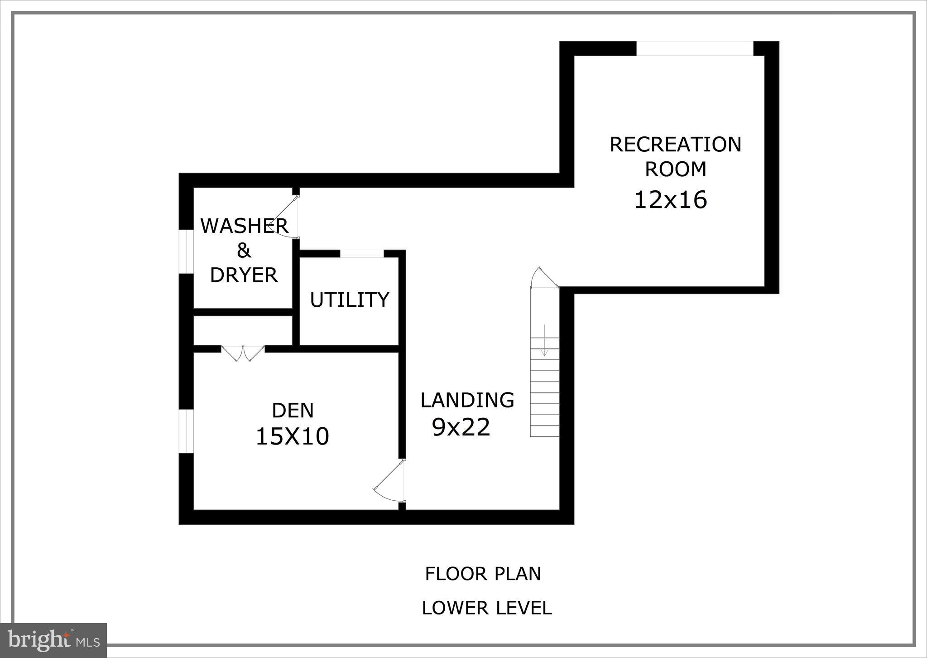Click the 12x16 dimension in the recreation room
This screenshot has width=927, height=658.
click(670, 200)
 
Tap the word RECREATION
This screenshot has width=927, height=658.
click(675, 145)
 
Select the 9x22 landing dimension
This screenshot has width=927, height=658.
click(461, 427)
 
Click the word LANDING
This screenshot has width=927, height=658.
click(467, 400)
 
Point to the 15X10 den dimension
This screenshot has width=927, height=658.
click(292, 437)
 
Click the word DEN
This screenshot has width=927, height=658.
click(293, 411)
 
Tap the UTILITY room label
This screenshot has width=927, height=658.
click(349, 300)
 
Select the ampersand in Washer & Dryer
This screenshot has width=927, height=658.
click(244, 250)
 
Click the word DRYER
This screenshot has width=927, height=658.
click(244, 275)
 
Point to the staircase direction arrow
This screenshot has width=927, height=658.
click(544, 340)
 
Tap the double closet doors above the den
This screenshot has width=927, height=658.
click(243, 353)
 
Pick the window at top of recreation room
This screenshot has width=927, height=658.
click(694, 48)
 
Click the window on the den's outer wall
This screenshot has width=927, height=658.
click(186, 431)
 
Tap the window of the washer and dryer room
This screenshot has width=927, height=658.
click(186, 252)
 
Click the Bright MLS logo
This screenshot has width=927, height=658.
click(53, 640)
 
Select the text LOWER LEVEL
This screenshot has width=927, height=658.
click(486, 608)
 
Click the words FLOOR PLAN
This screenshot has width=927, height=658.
click(483, 574)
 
